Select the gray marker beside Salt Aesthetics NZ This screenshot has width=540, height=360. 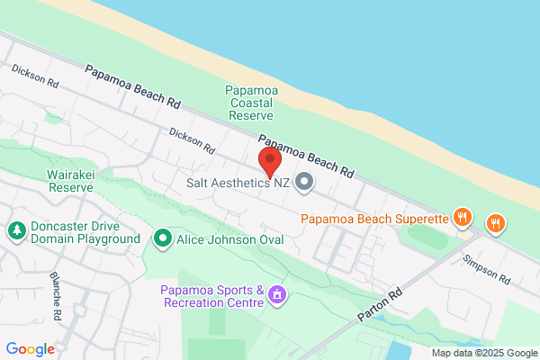coord(304,183)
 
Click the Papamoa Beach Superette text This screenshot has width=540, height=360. coord(374,217)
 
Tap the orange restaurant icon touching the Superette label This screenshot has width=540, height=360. coord(463,216)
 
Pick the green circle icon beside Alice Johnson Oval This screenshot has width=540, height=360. coord(162,238)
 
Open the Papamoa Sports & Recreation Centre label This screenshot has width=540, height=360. coord(212,295)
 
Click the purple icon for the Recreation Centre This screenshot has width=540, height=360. coord(277,294)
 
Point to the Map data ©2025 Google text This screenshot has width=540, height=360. coord(483,353)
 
